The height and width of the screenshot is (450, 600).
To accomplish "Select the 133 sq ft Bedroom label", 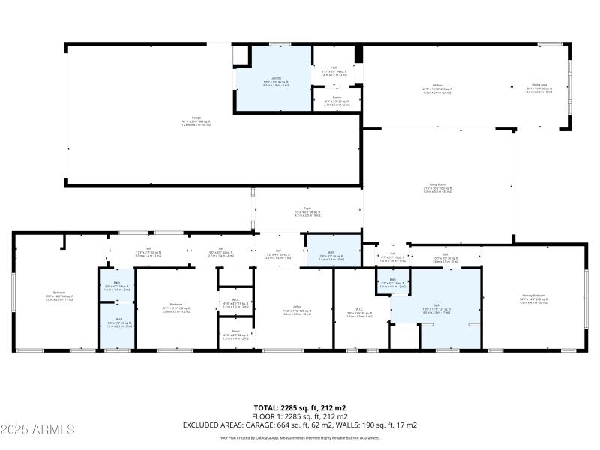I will click(x=176, y=307).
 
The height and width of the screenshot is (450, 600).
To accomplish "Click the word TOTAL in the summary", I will click(x=265, y=407).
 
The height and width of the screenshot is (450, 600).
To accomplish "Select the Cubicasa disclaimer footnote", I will click(x=299, y=437).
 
